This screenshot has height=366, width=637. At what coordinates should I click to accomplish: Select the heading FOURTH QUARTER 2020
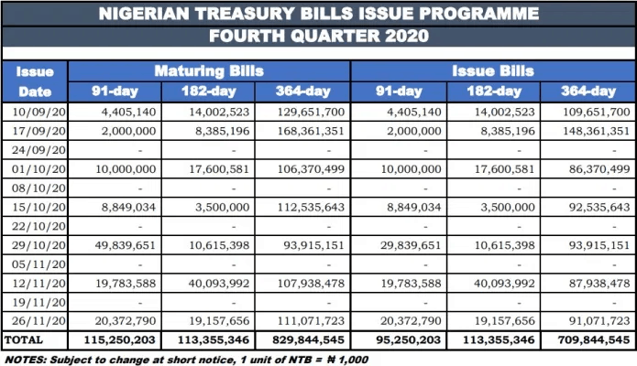tap(319, 36)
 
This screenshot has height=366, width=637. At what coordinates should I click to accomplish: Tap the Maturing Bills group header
tap(209, 71)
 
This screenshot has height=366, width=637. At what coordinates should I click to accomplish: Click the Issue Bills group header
tap(493, 71)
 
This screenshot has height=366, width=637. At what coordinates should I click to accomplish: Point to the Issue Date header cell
tap(35, 81)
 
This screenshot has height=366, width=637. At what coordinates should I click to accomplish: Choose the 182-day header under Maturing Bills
tap(209, 91)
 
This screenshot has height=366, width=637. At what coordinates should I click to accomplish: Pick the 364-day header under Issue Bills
tap(588, 91)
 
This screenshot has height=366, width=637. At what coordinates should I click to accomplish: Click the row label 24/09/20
tap(38, 150)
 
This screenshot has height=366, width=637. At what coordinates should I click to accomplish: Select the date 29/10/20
tap(38, 245)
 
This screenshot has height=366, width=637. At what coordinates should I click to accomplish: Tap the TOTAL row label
tap(24, 339)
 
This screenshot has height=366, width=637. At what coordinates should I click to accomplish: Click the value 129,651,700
tap(311, 112)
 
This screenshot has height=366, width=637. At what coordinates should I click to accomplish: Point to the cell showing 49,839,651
tap(126, 245)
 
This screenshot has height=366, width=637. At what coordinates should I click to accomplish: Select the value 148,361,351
tap(596, 131)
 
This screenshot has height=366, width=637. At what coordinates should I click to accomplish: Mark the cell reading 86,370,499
tap(599, 169)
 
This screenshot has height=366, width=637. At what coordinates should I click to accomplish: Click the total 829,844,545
tap(308, 339)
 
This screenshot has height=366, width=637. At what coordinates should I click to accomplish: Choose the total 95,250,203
tap(408, 339)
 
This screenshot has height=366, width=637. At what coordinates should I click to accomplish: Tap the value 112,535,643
tap(311, 208)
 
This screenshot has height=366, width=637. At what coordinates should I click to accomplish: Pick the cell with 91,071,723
tap(599, 321)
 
